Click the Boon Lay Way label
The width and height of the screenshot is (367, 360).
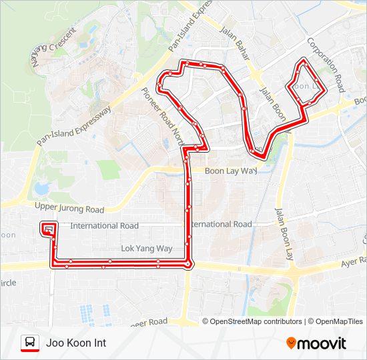(230, 171)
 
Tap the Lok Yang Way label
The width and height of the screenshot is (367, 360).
(146, 249)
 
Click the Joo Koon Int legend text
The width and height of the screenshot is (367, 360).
(75, 343)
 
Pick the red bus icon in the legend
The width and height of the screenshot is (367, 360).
(29, 343)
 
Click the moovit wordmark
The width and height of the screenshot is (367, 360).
(322, 343)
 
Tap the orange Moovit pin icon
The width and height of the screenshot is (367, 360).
(291, 343)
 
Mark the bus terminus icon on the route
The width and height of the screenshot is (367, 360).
(48, 229)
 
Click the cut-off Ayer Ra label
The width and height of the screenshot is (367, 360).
(354, 261)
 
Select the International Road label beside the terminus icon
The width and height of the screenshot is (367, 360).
(104, 226)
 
